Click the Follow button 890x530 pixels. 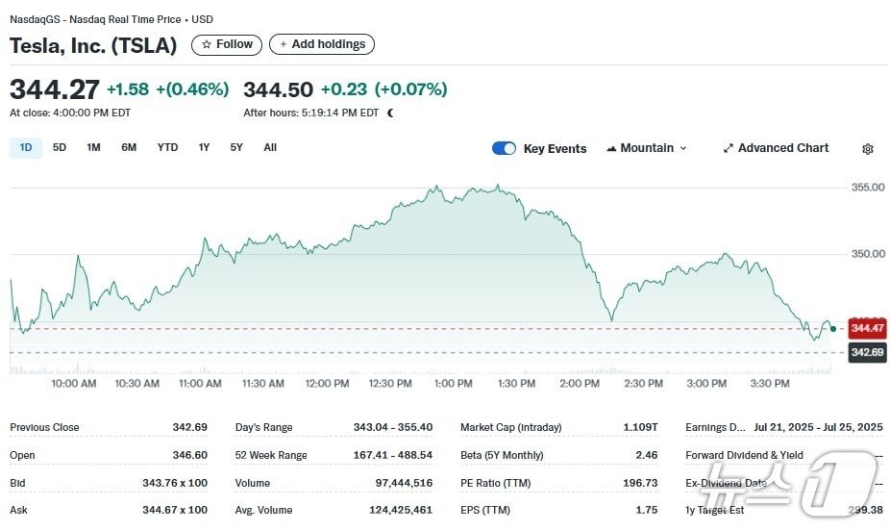pyautogui.click(x=227, y=44)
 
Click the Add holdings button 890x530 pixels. pyautogui.click(x=322, y=44)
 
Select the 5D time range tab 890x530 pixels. pyautogui.click(x=60, y=148)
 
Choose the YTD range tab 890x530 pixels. pyautogui.click(x=167, y=148)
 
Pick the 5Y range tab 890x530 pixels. pyautogui.click(x=236, y=148)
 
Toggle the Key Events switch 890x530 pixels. pyautogui.click(x=504, y=148)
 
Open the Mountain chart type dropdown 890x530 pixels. pyautogui.click(x=647, y=148)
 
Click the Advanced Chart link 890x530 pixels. pyautogui.click(x=776, y=148)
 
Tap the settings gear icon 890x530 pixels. pyautogui.click(x=868, y=149)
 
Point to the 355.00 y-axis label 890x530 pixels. pyautogui.click(x=868, y=188)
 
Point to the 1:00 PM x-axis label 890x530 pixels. pyautogui.click(x=454, y=384)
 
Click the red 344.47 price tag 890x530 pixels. pyautogui.click(x=867, y=329)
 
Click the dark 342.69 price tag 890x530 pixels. pyautogui.click(x=867, y=353)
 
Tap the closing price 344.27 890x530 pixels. pyautogui.click(x=55, y=89)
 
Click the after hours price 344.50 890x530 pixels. pyautogui.click(x=278, y=89)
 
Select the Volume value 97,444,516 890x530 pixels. pyautogui.click(x=404, y=483)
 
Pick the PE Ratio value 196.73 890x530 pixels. pyautogui.click(x=640, y=483)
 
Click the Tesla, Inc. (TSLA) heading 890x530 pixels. pyautogui.click(x=93, y=45)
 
